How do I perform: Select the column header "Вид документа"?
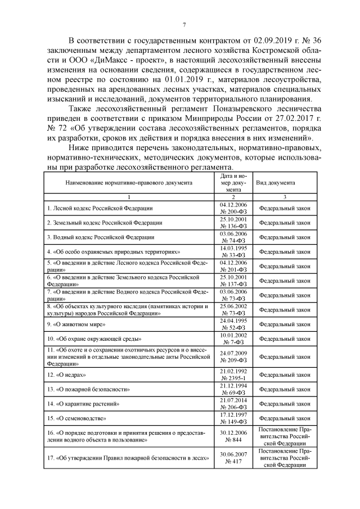click(276, 183)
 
